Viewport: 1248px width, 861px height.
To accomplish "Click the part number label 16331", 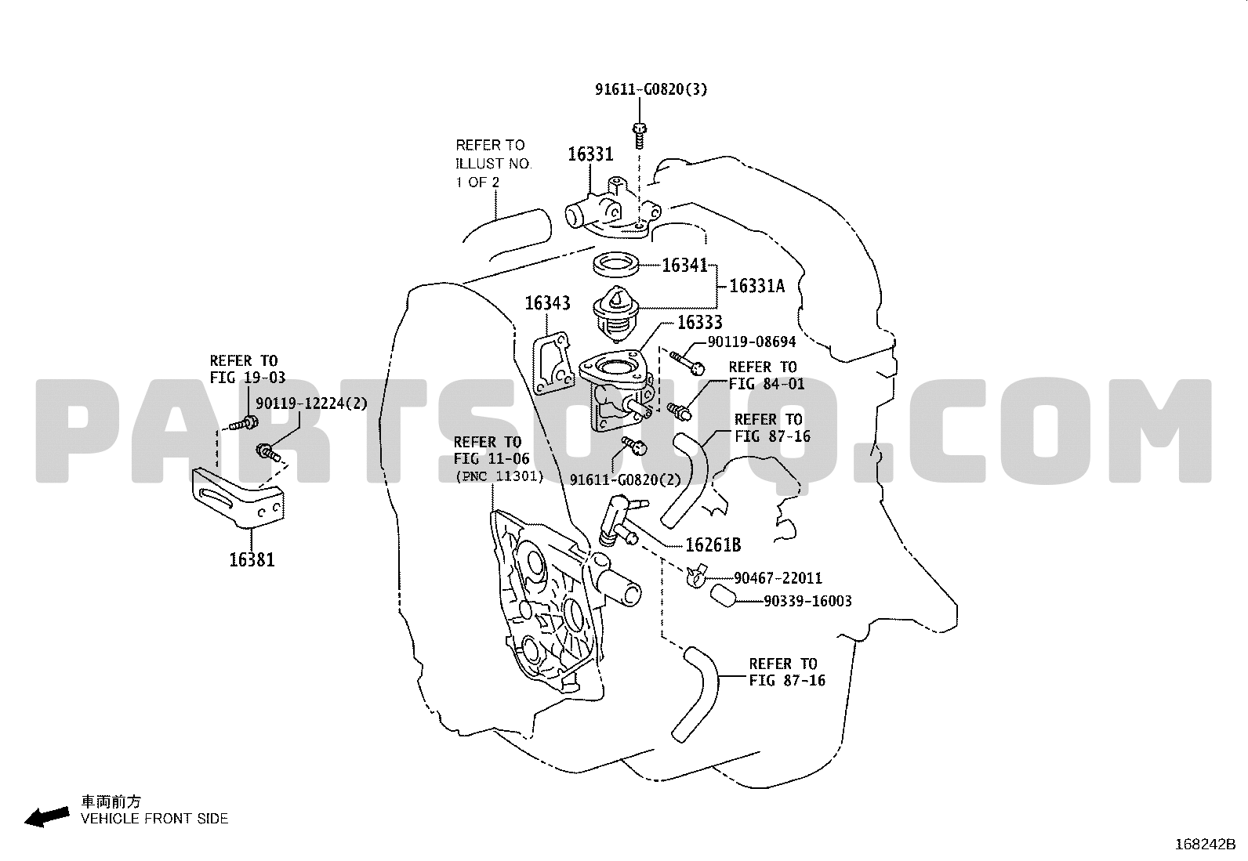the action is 590,154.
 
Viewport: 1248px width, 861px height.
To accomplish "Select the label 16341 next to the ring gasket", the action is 684,265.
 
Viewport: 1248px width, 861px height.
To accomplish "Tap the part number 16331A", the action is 756,286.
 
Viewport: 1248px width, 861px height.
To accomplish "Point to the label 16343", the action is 548,303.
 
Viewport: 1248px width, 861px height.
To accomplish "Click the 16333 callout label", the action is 700,322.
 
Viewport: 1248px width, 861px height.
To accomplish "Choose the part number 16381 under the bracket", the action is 252,559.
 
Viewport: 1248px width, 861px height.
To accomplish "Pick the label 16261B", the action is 713,544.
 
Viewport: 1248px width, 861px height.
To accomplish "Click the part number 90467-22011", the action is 778,578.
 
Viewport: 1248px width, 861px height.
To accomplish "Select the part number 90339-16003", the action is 808,601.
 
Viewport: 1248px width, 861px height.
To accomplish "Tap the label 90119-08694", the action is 752,342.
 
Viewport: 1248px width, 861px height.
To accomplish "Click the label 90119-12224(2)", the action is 311,403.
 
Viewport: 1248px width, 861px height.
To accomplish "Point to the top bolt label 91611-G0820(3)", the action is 651,89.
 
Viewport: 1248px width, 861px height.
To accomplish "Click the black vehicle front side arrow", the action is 47,817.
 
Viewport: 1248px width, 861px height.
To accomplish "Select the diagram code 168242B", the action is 1205,845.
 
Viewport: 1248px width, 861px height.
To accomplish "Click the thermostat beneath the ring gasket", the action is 615,314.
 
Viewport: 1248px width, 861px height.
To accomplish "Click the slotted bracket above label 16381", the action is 238,497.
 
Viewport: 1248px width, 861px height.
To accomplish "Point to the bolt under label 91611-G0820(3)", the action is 639,136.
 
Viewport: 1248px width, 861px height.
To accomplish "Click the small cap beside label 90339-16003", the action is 724,596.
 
